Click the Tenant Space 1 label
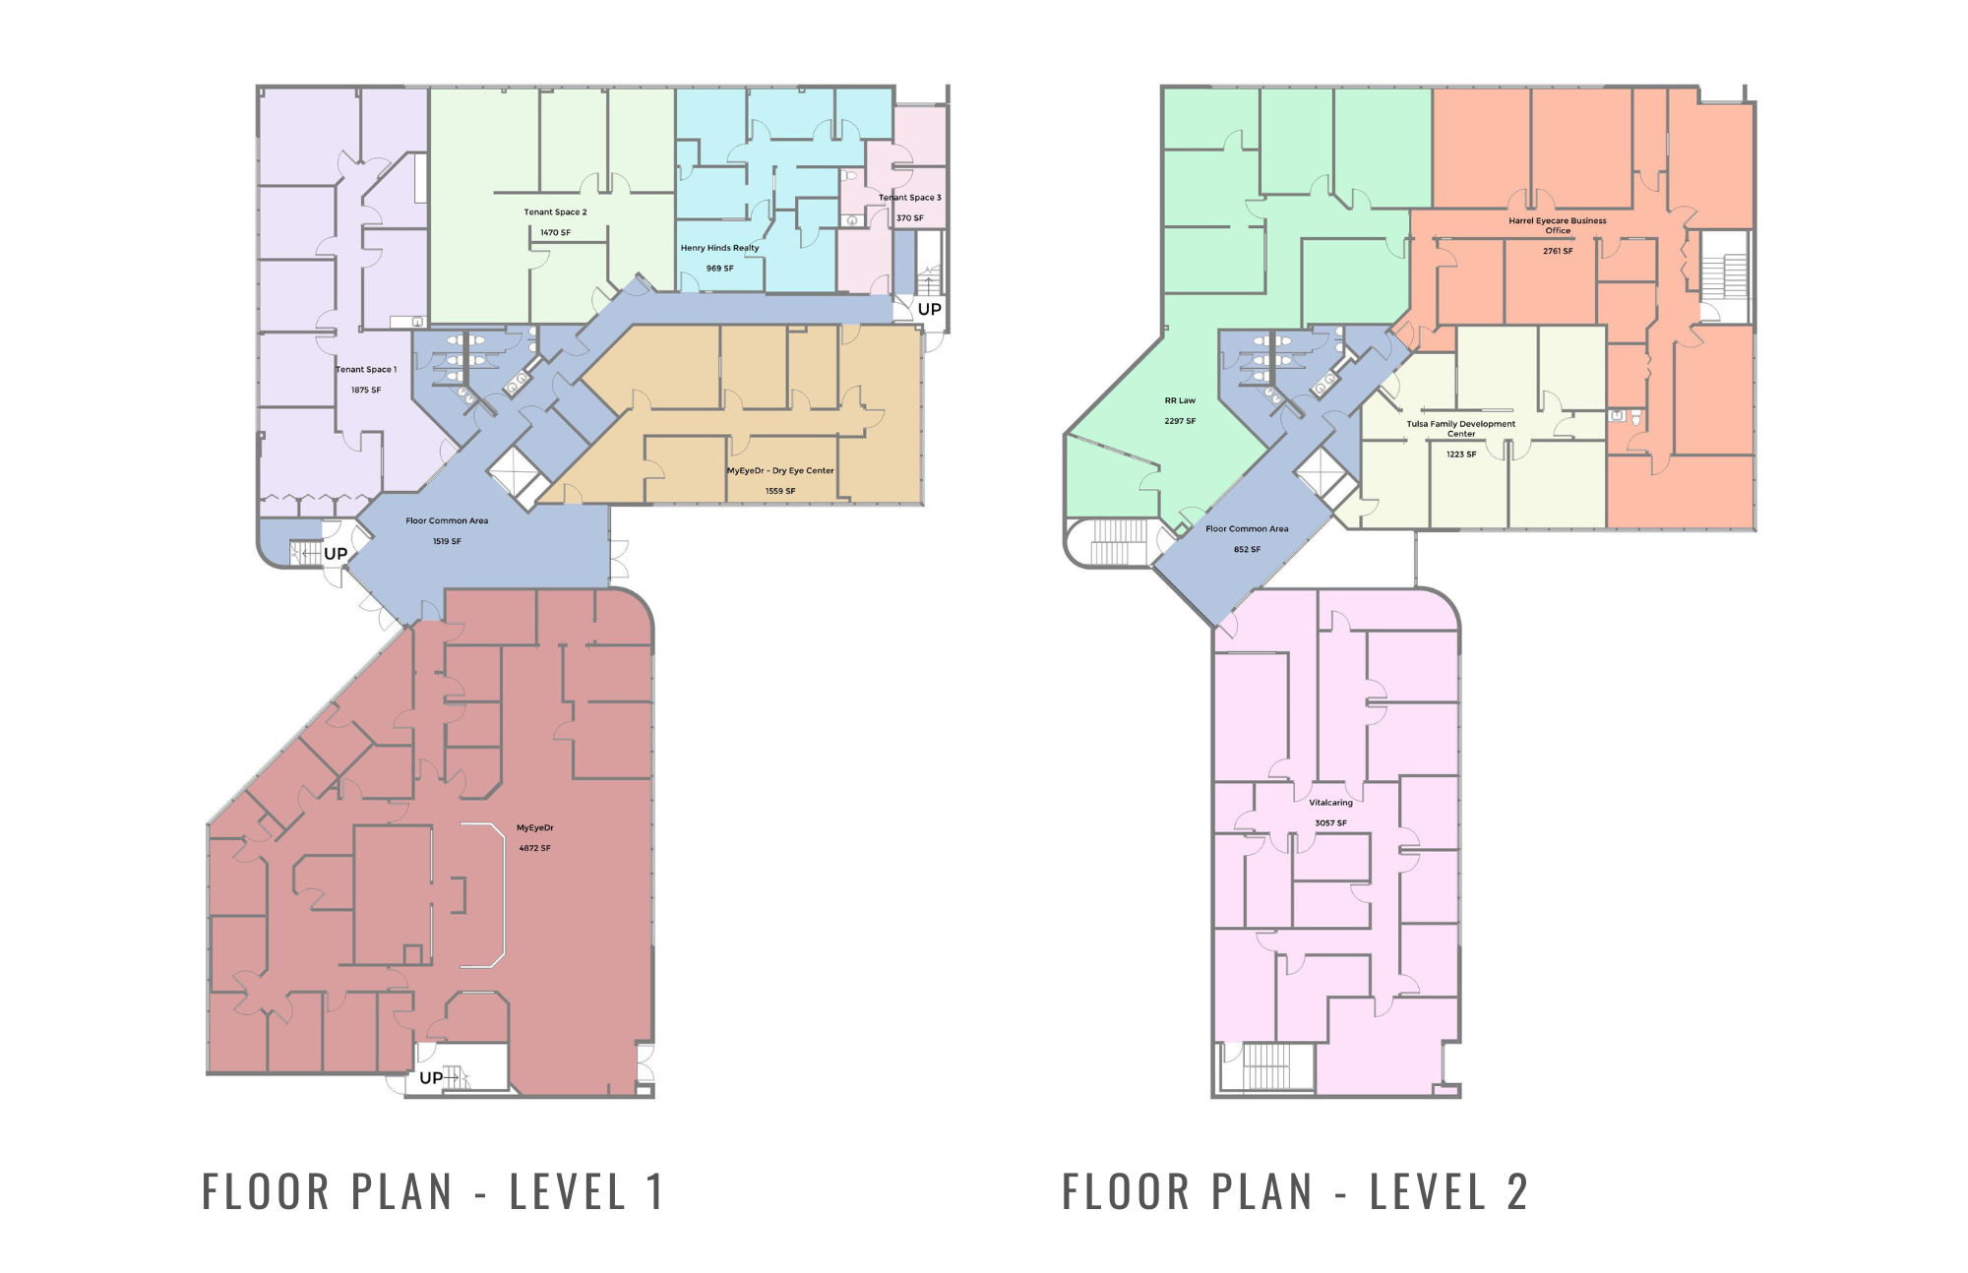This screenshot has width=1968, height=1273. pyautogui.click(x=366, y=370)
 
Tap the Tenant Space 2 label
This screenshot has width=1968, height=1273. pyautogui.click(x=555, y=212)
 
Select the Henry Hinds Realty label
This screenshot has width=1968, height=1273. pyautogui.click(x=719, y=248)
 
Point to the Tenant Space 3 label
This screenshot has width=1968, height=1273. pyautogui.click(x=909, y=198)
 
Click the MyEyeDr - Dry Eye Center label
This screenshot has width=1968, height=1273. pyautogui.click(x=780, y=471)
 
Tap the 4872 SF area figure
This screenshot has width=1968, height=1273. pyautogui.click(x=534, y=848)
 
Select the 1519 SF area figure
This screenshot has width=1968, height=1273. pyautogui.click(x=447, y=541)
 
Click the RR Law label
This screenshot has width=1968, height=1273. pyautogui.click(x=1180, y=400)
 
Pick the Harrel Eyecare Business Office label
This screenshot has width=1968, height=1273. pyautogui.click(x=1557, y=225)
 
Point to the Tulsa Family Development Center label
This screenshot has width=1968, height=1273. pyautogui.click(x=1460, y=429)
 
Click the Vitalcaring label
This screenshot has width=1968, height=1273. pyautogui.click(x=1330, y=803)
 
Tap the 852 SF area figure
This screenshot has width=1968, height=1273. pyautogui.click(x=1247, y=549)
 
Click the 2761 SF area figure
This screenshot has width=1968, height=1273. pyautogui.click(x=1558, y=251)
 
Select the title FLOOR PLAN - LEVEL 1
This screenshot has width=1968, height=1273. pyautogui.click(x=433, y=1192)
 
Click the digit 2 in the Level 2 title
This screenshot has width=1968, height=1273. pyautogui.click(x=1517, y=1192)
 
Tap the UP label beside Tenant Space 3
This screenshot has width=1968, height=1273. pyautogui.click(x=929, y=309)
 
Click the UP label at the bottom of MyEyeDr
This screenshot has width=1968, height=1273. pyautogui.click(x=431, y=1078)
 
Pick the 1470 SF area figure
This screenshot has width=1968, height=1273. pyautogui.click(x=555, y=233)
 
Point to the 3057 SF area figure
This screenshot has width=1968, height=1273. pyautogui.click(x=1330, y=823)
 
